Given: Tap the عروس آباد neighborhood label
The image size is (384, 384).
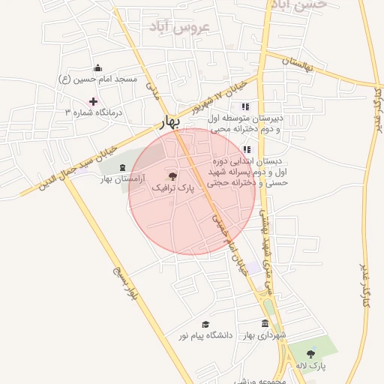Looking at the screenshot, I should coord(182,28).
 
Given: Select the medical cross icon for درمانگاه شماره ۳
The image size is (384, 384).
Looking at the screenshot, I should coord(93,100).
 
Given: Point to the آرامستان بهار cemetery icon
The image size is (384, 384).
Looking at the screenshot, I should coord(122,166).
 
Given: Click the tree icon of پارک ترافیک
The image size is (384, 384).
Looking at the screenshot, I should coord(173,177).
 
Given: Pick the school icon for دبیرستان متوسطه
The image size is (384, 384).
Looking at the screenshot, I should coord(244,106).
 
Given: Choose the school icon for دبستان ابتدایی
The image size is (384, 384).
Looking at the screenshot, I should coord(247,149).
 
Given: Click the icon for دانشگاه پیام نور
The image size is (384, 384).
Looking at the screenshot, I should coord(205,324).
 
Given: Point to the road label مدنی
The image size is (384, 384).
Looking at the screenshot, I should coord(153,91).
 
